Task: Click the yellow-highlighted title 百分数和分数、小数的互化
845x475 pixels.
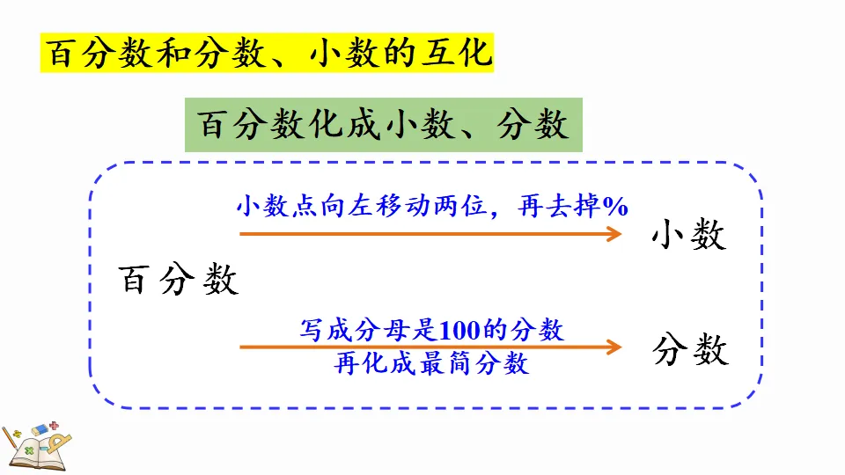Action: (x=268, y=54)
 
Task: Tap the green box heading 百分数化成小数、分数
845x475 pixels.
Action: (x=383, y=124)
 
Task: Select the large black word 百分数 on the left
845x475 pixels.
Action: (x=179, y=281)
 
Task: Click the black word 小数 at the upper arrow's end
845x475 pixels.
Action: (x=689, y=235)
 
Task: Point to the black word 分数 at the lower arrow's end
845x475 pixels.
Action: (x=691, y=350)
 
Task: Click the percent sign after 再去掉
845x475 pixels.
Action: (x=615, y=207)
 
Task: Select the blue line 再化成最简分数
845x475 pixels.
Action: (x=432, y=363)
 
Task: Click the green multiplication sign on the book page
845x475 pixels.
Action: (x=30, y=450)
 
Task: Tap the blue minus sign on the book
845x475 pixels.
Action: (x=44, y=449)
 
